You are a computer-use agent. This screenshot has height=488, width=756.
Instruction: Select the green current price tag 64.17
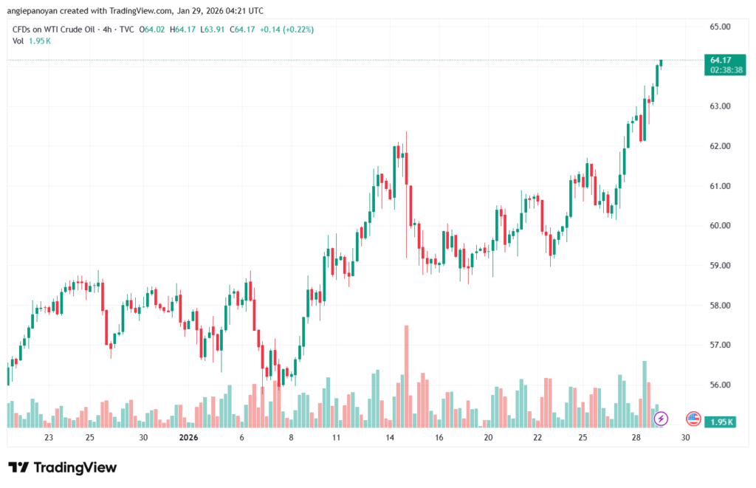click(721, 59)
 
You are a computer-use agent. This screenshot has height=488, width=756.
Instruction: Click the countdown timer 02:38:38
click(726, 69)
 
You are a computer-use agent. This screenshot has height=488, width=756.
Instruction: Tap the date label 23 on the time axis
click(49, 438)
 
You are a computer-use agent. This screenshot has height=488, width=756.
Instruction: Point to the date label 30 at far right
click(685, 438)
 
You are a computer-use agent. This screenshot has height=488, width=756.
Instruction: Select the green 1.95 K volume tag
click(718, 422)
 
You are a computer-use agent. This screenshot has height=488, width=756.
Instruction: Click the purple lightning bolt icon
click(661, 419)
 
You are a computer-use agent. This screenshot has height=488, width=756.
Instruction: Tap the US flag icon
click(693, 419)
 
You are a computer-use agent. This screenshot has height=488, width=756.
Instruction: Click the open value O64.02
click(157, 30)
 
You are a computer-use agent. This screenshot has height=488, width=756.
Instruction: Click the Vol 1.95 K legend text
click(32, 41)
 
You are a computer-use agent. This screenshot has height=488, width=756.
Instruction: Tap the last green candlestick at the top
click(661, 63)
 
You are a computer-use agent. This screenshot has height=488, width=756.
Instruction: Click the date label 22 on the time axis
click(537, 438)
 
